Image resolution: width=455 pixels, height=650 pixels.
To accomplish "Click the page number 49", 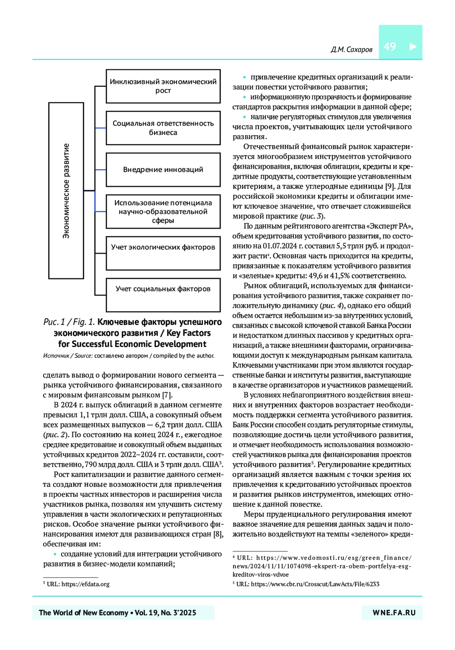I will click(390, 46).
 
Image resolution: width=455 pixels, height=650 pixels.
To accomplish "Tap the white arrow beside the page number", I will click(413, 47).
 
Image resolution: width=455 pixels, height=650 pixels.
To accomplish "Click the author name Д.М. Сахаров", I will click(351, 50).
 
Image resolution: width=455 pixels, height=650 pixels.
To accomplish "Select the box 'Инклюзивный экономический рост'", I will click(163, 86).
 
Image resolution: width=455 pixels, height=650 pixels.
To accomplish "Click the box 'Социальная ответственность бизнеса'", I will click(163, 128).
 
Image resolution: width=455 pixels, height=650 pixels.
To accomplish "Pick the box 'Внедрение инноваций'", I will click(163, 170).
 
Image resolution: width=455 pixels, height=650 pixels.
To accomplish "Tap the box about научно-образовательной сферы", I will click(163, 212).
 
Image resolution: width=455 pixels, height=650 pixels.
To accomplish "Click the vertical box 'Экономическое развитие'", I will click(66, 190).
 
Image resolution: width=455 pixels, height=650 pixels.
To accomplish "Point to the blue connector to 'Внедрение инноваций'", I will click(100, 170).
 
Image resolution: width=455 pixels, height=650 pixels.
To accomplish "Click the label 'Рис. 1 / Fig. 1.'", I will click(69, 322).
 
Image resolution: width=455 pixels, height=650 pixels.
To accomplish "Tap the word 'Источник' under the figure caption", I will click(56, 356).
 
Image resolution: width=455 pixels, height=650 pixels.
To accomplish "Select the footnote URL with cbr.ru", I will click(315, 584).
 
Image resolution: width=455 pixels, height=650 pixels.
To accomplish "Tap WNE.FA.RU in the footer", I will click(394, 613).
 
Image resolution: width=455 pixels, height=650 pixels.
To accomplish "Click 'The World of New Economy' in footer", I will click(83, 613).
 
